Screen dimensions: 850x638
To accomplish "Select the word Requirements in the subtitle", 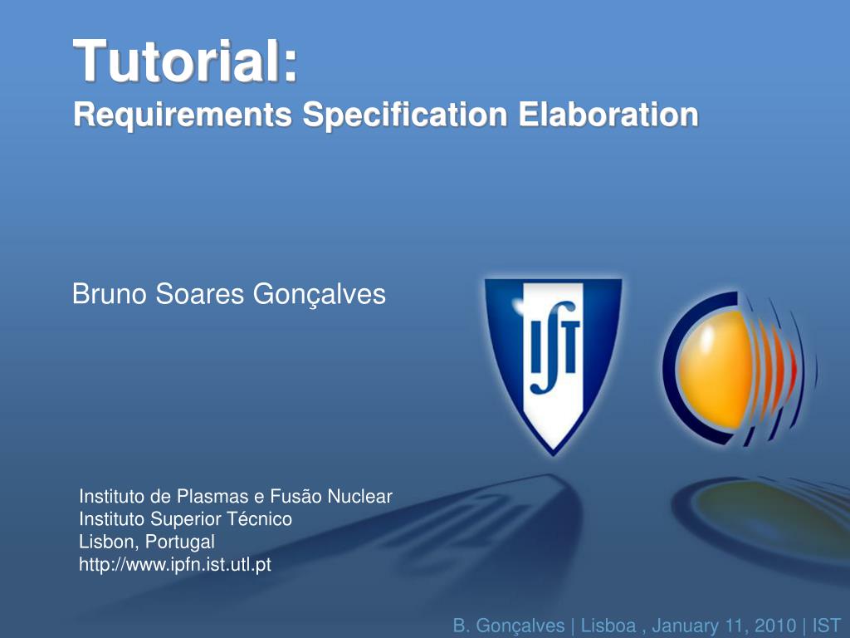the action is coord(183,115).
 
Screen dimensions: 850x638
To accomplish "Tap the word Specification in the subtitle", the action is coord(405,114).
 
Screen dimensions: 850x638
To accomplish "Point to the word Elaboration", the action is coord(608,114).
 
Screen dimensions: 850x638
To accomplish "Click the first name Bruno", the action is coord(110,294).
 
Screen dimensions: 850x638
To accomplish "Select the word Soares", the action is coord(200,294).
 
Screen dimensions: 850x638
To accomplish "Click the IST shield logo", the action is coord(553,366).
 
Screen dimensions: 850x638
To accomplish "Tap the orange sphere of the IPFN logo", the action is coord(716,370).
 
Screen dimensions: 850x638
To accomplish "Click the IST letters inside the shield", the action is coord(554,347).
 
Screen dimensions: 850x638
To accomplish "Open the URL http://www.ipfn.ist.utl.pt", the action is coord(175,565).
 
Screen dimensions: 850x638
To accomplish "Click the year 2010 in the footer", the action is coord(775,626).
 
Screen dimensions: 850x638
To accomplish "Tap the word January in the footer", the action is coord(686,626).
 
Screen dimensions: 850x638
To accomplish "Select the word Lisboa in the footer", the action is coord(608,626).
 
